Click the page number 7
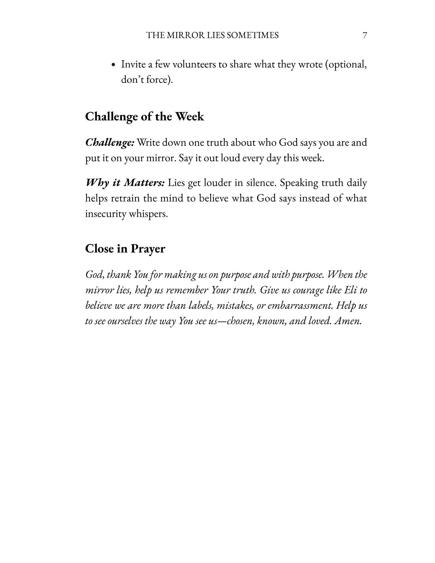(x=365, y=35)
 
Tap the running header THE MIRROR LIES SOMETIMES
(x=213, y=35)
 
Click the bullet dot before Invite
(x=113, y=65)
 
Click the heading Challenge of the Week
(x=144, y=117)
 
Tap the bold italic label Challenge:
(x=110, y=143)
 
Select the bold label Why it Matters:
(x=125, y=183)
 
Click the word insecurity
(x=105, y=214)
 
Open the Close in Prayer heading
(x=125, y=249)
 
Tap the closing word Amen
(x=347, y=321)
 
